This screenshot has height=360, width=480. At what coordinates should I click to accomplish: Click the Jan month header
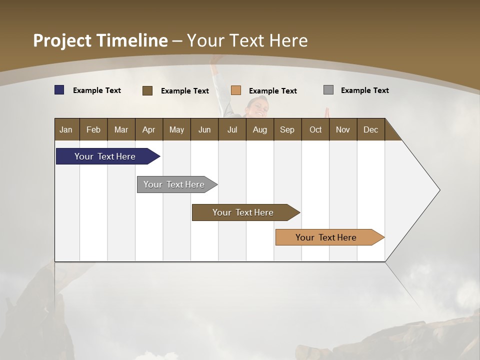point(66,129)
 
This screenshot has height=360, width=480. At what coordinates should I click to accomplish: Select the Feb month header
point(93,129)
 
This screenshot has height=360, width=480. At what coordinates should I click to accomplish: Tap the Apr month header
point(148,129)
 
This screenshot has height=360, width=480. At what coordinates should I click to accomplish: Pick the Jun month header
point(204,129)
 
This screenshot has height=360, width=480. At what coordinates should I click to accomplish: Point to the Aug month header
point(259,129)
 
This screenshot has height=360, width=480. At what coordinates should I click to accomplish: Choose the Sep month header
point(287,129)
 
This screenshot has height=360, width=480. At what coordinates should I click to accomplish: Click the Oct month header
point(315,129)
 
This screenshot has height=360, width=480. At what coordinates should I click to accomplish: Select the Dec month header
point(370,129)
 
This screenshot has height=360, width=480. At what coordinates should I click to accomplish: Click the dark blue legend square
point(59,90)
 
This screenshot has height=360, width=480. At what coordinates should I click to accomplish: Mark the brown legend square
point(147,90)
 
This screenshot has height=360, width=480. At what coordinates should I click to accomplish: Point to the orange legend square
point(236,90)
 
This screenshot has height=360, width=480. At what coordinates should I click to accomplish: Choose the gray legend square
point(328,90)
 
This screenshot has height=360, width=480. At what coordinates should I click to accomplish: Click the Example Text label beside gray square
point(364,90)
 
